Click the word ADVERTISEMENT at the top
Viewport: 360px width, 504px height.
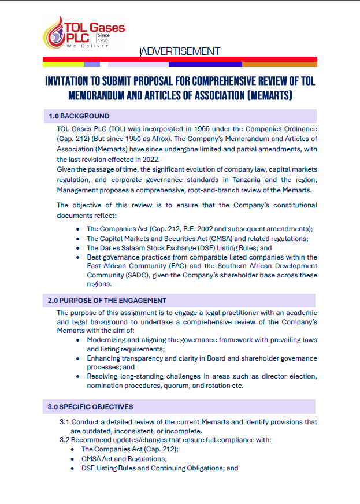tap(180, 51)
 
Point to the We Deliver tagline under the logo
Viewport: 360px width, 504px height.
tap(87, 45)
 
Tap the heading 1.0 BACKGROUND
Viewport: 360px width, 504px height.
tap(80, 116)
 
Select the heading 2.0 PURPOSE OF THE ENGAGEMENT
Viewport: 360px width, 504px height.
tap(107, 301)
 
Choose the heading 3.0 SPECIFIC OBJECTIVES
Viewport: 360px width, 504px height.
tap(90, 407)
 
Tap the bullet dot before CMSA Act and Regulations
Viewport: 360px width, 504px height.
tap(72, 458)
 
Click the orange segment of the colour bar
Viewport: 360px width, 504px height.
tap(280, 64)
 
